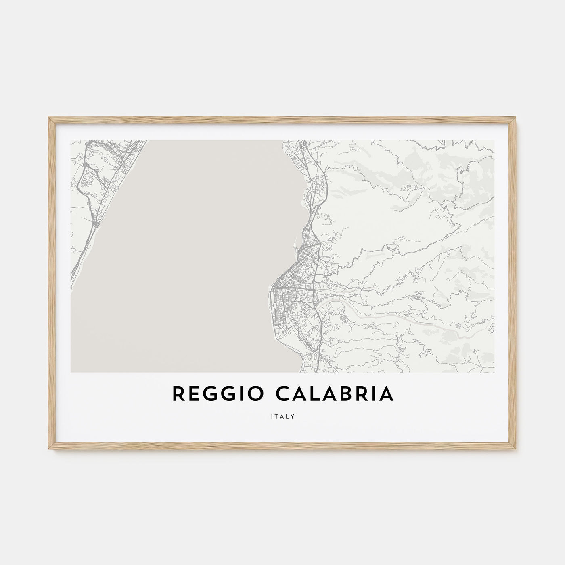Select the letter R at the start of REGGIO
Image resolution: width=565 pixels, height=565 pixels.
[x=178, y=394]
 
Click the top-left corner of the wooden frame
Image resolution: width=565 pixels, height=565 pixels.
[x=49, y=117]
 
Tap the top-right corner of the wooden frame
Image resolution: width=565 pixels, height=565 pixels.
[x=516, y=117]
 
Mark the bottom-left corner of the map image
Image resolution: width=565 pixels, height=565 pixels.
[x=71, y=372]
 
